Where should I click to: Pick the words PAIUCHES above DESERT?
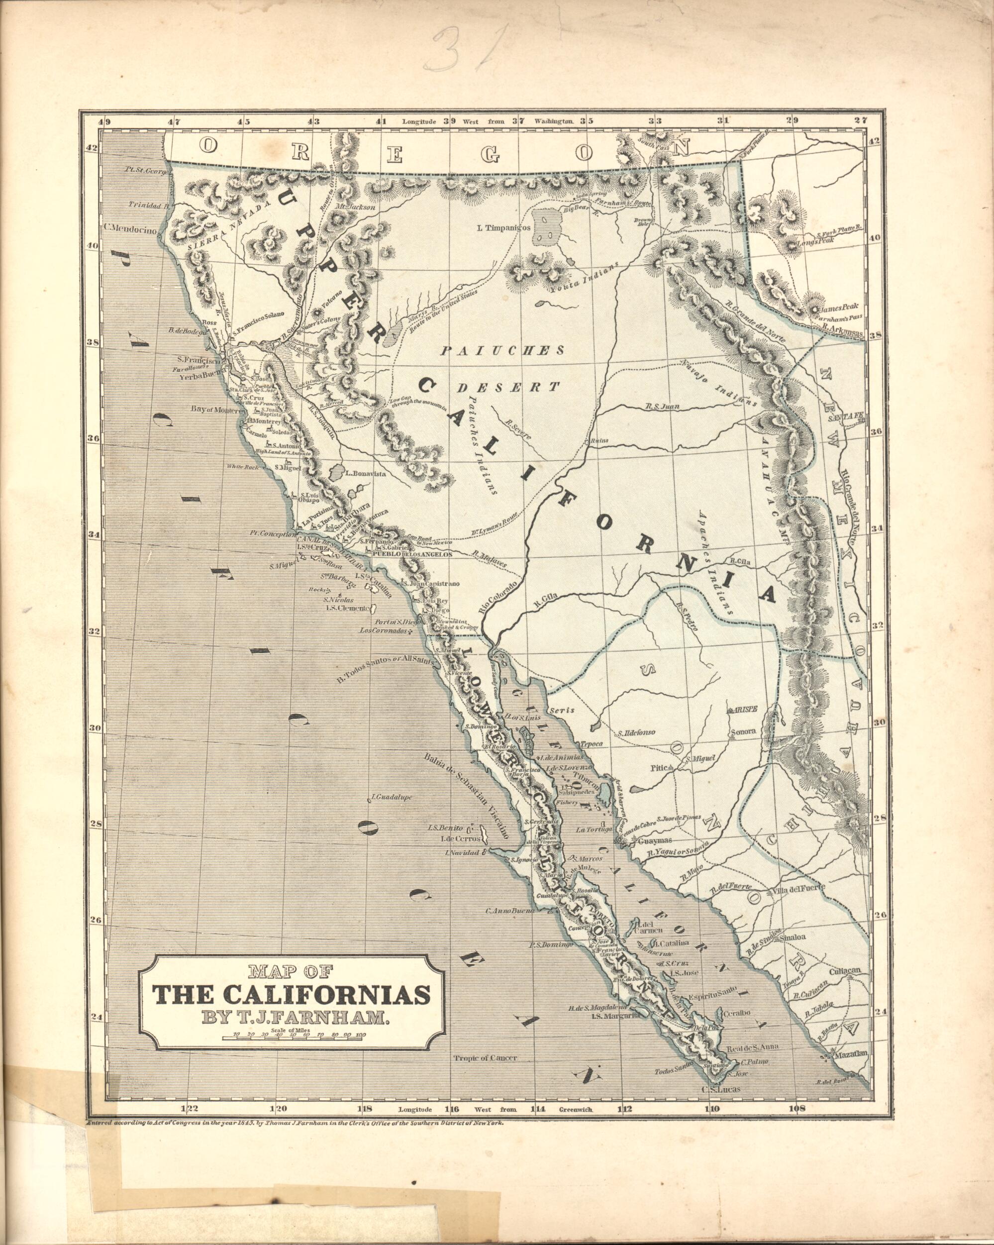(501, 350)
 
